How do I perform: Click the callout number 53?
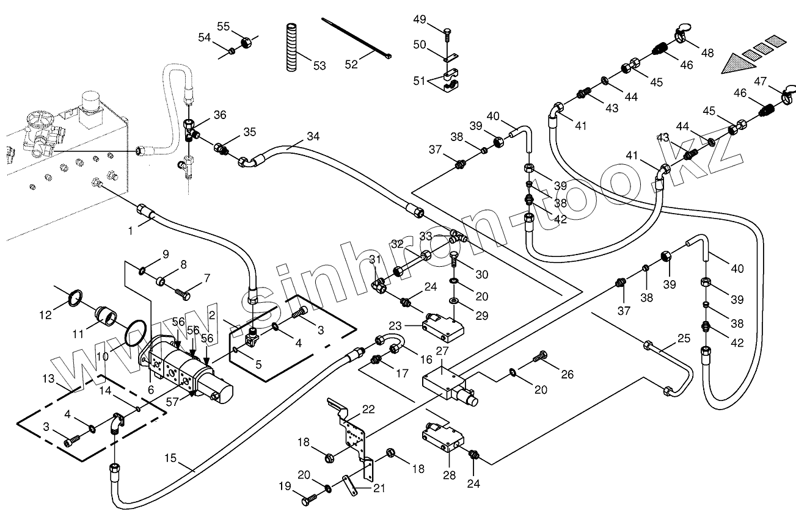pyautogui.click(x=319, y=66)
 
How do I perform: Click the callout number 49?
pyautogui.click(x=419, y=20)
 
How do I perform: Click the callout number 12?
pyautogui.click(x=45, y=315)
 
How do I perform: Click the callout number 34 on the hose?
pyautogui.click(x=313, y=136)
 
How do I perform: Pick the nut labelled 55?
pyautogui.click(x=246, y=43)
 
